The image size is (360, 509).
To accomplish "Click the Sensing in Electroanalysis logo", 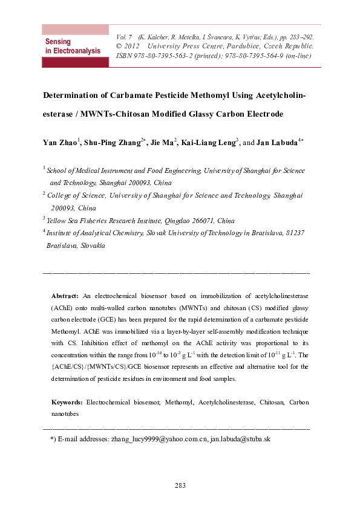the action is click(x=72, y=46).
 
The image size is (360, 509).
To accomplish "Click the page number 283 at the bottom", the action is click(x=180, y=485).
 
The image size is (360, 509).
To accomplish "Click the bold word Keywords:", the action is click(x=67, y=402).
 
